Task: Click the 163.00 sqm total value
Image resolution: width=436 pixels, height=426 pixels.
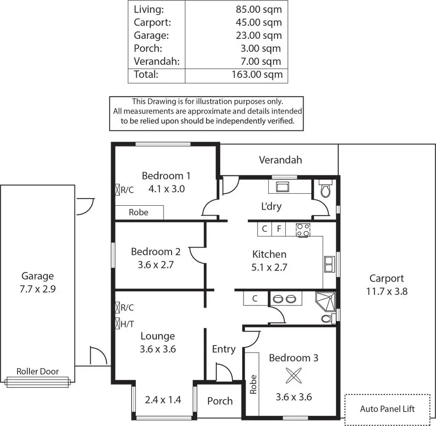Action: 257,75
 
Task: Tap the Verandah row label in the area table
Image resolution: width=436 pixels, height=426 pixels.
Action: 157,61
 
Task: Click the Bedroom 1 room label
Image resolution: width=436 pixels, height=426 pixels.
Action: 166,176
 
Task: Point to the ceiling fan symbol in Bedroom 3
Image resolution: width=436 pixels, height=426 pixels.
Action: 293,376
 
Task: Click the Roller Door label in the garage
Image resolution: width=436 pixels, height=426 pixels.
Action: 37,371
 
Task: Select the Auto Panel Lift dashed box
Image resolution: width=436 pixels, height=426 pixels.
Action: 387,409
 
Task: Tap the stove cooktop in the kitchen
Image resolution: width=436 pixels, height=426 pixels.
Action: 303,230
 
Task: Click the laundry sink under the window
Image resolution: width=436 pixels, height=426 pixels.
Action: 282,187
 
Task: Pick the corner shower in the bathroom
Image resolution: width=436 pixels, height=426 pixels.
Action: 326,302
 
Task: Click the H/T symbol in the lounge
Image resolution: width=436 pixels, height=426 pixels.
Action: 118,324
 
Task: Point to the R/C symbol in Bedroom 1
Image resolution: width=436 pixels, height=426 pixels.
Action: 118,190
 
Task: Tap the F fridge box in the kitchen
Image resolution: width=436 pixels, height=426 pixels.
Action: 279,229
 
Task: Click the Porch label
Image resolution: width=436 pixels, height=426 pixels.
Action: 220,401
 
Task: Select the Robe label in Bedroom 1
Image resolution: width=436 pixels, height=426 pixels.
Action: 139,212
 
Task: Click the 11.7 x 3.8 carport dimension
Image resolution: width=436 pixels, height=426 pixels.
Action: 387,292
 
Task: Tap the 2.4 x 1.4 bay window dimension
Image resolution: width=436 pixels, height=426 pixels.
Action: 163,400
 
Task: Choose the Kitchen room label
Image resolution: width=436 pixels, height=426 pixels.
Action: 269,254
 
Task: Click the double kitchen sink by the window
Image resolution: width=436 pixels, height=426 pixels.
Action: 329,264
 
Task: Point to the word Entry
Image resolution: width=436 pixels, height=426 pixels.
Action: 224,349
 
